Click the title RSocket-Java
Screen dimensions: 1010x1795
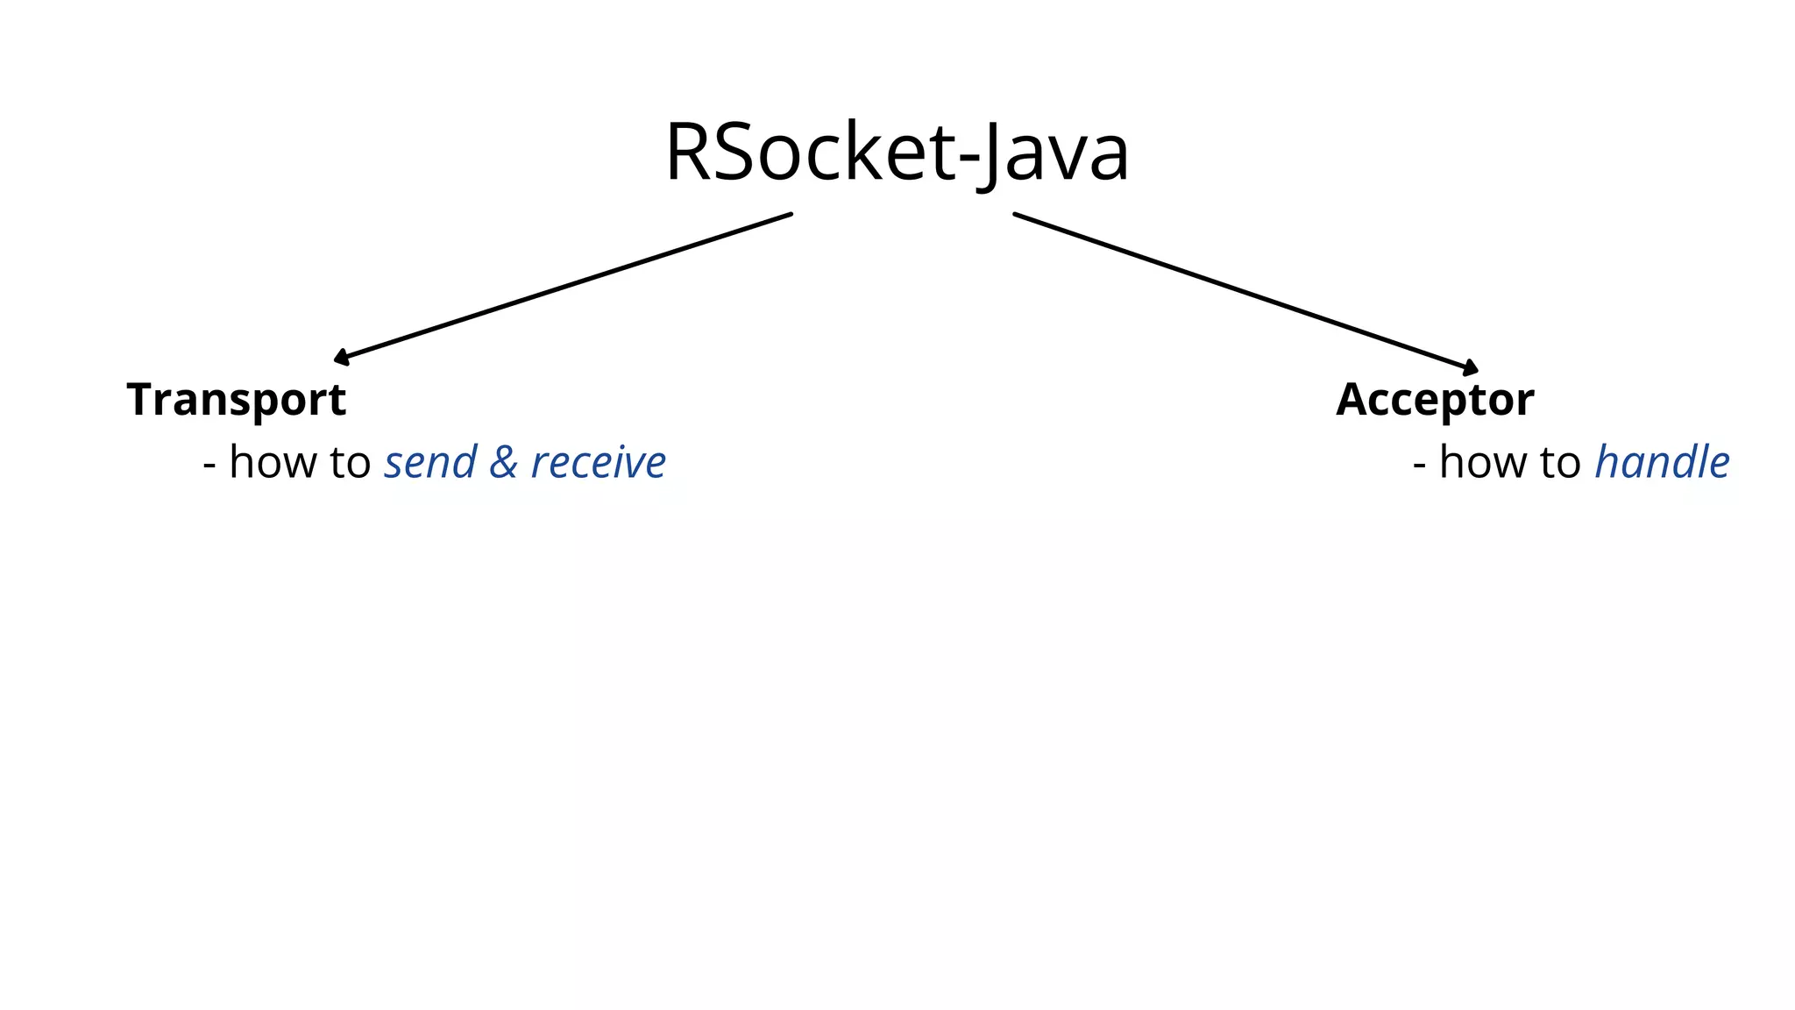pos(897,153)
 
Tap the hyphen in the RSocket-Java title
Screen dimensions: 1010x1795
pos(968,159)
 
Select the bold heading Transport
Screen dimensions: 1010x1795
pos(237,400)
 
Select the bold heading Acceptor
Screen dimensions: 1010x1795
pos(1435,400)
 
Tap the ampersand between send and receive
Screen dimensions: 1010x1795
pos(503,462)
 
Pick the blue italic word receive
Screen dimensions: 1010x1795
pos(599,462)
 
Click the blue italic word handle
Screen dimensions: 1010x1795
pos(1662,462)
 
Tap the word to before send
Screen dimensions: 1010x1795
pos(350,462)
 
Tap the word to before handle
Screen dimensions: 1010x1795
pos(1560,462)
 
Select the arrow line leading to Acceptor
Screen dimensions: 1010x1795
pos(1245,291)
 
